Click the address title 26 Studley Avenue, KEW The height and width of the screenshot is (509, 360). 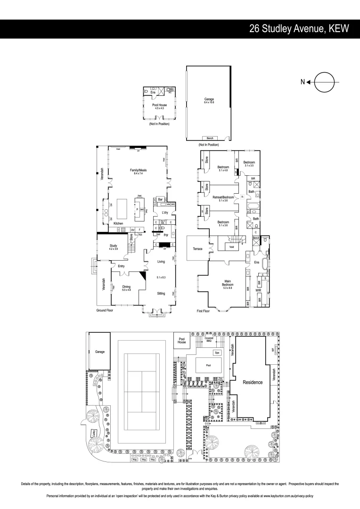tap(299, 29)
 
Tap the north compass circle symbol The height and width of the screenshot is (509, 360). tap(325, 82)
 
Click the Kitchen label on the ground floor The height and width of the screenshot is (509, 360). tap(118, 223)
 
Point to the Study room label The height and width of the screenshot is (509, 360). tap(114, 246)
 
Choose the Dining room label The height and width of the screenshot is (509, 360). tap(126, 286)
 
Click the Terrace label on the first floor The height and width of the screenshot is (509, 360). tap(197, 248)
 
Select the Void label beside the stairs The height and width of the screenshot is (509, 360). tap(231, 246)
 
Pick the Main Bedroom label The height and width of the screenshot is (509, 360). tap(228, 283)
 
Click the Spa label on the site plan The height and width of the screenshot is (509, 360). tap(217, 353)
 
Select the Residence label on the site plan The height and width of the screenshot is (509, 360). tap(253, 382)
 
